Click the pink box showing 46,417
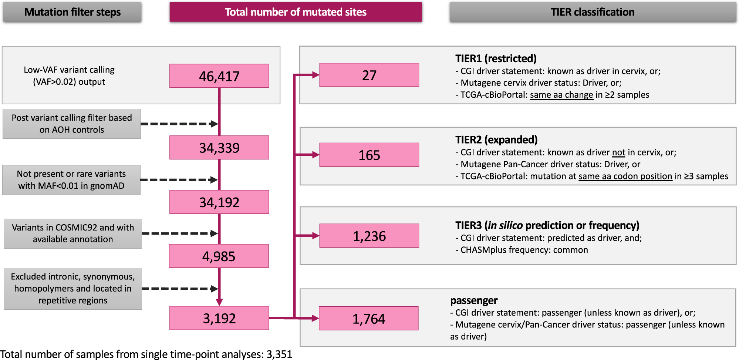click(219, 76)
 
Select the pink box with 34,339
click(219, 148)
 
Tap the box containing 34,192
click(219, 202)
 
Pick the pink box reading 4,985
click(219, 256)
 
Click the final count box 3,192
click(219, 318)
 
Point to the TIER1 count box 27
click(369, 75)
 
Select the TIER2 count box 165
click(369, 155)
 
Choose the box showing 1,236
click(369, 236)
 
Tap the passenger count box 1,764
click(368, 319)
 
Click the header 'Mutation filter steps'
click(72, 12)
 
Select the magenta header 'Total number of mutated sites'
click(296, 12)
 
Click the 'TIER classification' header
click(592, 12)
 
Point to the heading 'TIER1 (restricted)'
click(496, 58)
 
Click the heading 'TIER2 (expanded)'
click(496, 139)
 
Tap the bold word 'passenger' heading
click(473, 300)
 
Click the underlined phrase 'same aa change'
click(561, 95)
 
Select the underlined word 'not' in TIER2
click(618, 152)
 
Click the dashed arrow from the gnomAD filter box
click(179, 180)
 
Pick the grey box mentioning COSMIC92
click(73, 233)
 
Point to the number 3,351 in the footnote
click(279, 354)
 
